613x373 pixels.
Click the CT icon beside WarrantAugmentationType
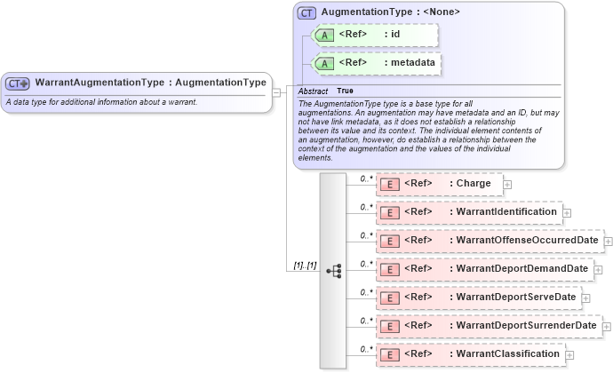(x=18, y=83)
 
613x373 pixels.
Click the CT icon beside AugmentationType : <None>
(x=306, y=12)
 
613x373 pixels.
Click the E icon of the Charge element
(x=389, y=184)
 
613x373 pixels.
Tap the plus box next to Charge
(x=508, y=185)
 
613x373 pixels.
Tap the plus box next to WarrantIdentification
(x=567, y=213)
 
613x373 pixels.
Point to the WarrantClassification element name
(x=508, y=353)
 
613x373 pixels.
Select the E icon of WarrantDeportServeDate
(x=389, y=298)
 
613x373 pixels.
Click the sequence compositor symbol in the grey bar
(x=333, y=270)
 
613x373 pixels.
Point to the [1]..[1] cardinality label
(x=305, y=265)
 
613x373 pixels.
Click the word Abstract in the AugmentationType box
(x=313, y=91)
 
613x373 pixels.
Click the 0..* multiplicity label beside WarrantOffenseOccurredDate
(x=366, y=234)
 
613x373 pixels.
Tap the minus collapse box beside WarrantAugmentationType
(x=277, y=91)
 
